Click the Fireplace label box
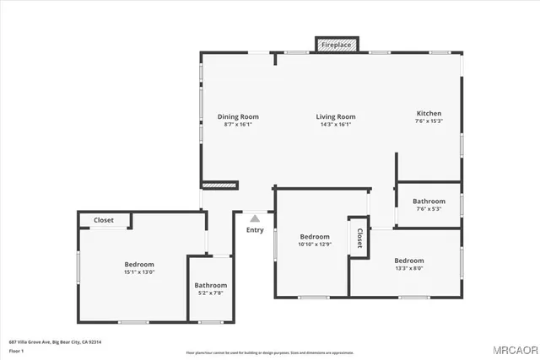[337, 44]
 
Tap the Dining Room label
[238, 116]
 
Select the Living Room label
[336, 116]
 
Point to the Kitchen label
[429, 113]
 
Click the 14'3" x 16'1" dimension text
[336, 125]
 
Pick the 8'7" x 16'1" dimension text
[238, 125]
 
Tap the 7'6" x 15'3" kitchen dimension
[429, 121]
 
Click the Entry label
[255, 229]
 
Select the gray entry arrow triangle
[255, 218]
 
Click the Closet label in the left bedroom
[104, 220]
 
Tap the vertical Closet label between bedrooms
[359, 238]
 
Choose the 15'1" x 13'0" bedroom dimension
[139, 272]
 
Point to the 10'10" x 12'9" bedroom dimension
[314, 244]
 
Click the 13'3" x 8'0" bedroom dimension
[409, 269]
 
